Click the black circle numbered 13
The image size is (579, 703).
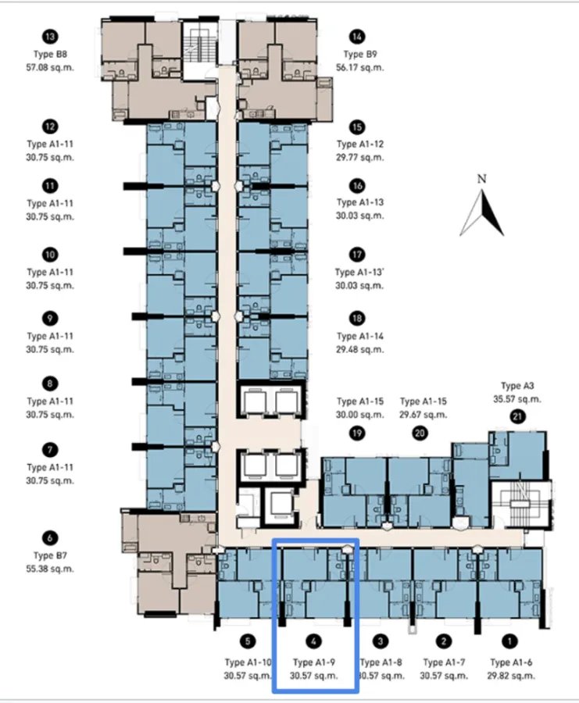pos(50,37)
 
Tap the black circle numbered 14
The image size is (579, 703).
pos(357,37)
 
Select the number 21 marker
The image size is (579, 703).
pos(517,417)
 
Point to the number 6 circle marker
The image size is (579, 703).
pos(50,538)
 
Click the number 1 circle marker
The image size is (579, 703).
pos(509,641)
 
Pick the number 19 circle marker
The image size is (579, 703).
pos(357,433)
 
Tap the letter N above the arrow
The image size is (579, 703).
pos(481,179)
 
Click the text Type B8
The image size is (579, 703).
pos(50,54)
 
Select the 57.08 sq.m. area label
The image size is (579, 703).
pos(50,68)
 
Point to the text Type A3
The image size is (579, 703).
pos(517,386)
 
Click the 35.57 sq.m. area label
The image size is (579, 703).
pos(517,399)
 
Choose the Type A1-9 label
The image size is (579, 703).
pos(314,662)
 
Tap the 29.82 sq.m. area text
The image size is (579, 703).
pos(511,676)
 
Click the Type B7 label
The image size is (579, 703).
pos(50,555)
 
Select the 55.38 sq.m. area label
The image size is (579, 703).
pos(50,569)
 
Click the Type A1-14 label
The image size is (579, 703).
pos(360,336)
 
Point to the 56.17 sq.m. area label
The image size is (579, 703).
pos(360,68)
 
